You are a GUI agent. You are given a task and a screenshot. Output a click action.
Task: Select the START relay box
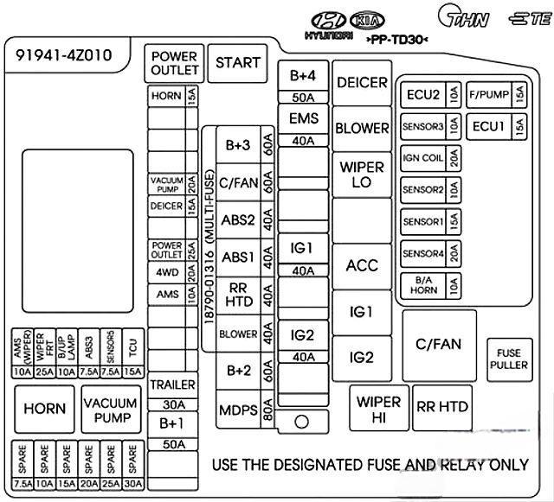pos(237,63)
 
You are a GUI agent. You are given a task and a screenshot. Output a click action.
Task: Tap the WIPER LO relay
pos(362,175)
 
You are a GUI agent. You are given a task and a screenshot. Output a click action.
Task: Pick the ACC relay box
pos(362,265)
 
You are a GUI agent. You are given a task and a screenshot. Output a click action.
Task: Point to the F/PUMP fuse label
pos(489,95)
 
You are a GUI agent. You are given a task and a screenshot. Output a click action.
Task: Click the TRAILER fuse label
pos(173,384)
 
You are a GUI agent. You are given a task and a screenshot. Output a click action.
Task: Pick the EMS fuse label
pos(303,118)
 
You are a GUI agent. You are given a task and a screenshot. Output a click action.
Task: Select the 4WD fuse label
pos(167,272)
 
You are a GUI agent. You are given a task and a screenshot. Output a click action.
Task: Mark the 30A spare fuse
pos(132,467)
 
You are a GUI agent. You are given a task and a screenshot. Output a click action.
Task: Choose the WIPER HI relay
pos(378,410)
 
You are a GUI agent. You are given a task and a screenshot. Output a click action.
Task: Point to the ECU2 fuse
pos(429,95)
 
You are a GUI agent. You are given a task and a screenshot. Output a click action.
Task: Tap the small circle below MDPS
pos(302,423)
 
